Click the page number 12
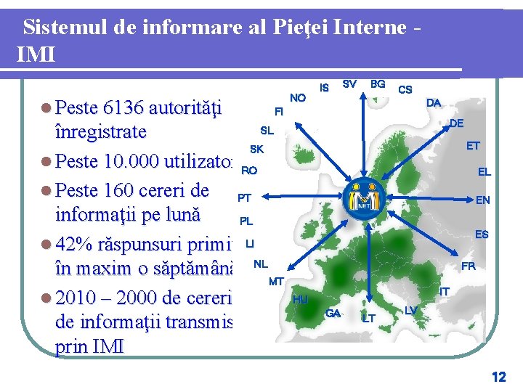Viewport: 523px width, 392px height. click(x=498, y=377)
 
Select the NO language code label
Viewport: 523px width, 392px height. click(x=298, y=98)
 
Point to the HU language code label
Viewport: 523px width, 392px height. click(x=300, y=299)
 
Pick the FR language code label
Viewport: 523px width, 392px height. click(x=469, y=266)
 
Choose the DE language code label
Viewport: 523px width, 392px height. click(x=456, y=124)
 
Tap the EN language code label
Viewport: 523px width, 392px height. click(x=482, y=200)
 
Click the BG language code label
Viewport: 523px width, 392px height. click(x=378, y=84)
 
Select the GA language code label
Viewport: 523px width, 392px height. click(x=333, y=313)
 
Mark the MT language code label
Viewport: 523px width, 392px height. click(x=276, y=281)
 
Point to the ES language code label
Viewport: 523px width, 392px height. click(x=482, y=234)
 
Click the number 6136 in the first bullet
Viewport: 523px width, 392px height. click(x=123, y=108)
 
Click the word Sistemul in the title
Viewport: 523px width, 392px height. click(x=65, y=28)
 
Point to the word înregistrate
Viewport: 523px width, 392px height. click(x=100, y=133)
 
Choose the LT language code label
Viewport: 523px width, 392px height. click(x=369, y=318)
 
